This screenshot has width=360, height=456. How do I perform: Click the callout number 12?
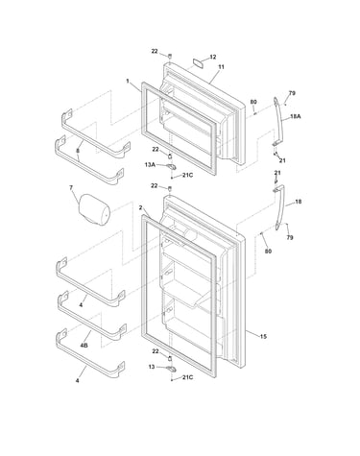(213, 57)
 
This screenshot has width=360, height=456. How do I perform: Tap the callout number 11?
(221, 67)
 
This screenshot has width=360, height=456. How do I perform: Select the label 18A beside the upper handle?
(296, 116)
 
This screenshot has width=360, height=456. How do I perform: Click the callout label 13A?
(150, 164)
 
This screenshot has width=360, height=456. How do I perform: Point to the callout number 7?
(71, 187)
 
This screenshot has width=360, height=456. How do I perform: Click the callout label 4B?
(84, 346)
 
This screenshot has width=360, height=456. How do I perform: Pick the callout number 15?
(263, 336)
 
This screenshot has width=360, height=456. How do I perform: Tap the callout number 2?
(140, 207)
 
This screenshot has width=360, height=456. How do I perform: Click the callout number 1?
(128, 82)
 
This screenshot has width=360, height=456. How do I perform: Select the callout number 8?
(78, 150)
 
